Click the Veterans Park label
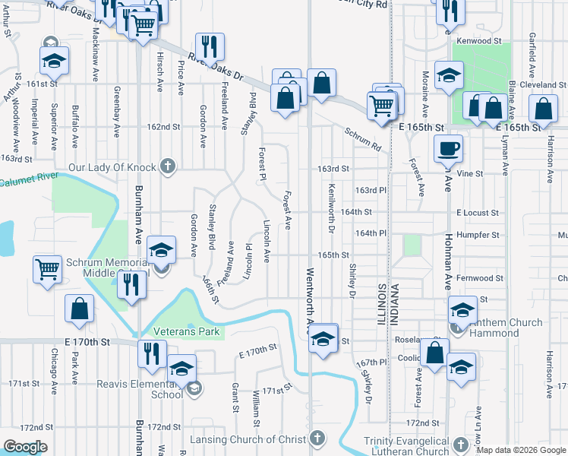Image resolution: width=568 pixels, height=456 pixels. (186, 332)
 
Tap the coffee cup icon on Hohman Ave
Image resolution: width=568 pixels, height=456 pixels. (448, 147)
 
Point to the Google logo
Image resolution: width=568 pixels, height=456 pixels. (25, 447)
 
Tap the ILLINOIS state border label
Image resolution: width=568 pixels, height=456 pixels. (382, 304)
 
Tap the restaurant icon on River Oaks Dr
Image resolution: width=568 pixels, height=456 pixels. (209, 46)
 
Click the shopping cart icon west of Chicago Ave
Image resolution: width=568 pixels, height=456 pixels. (47, 269)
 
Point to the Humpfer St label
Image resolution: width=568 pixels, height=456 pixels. (479, 236)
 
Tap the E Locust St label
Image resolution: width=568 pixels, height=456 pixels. (478, 214)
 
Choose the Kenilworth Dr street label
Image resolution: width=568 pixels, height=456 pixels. (332, 207)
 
